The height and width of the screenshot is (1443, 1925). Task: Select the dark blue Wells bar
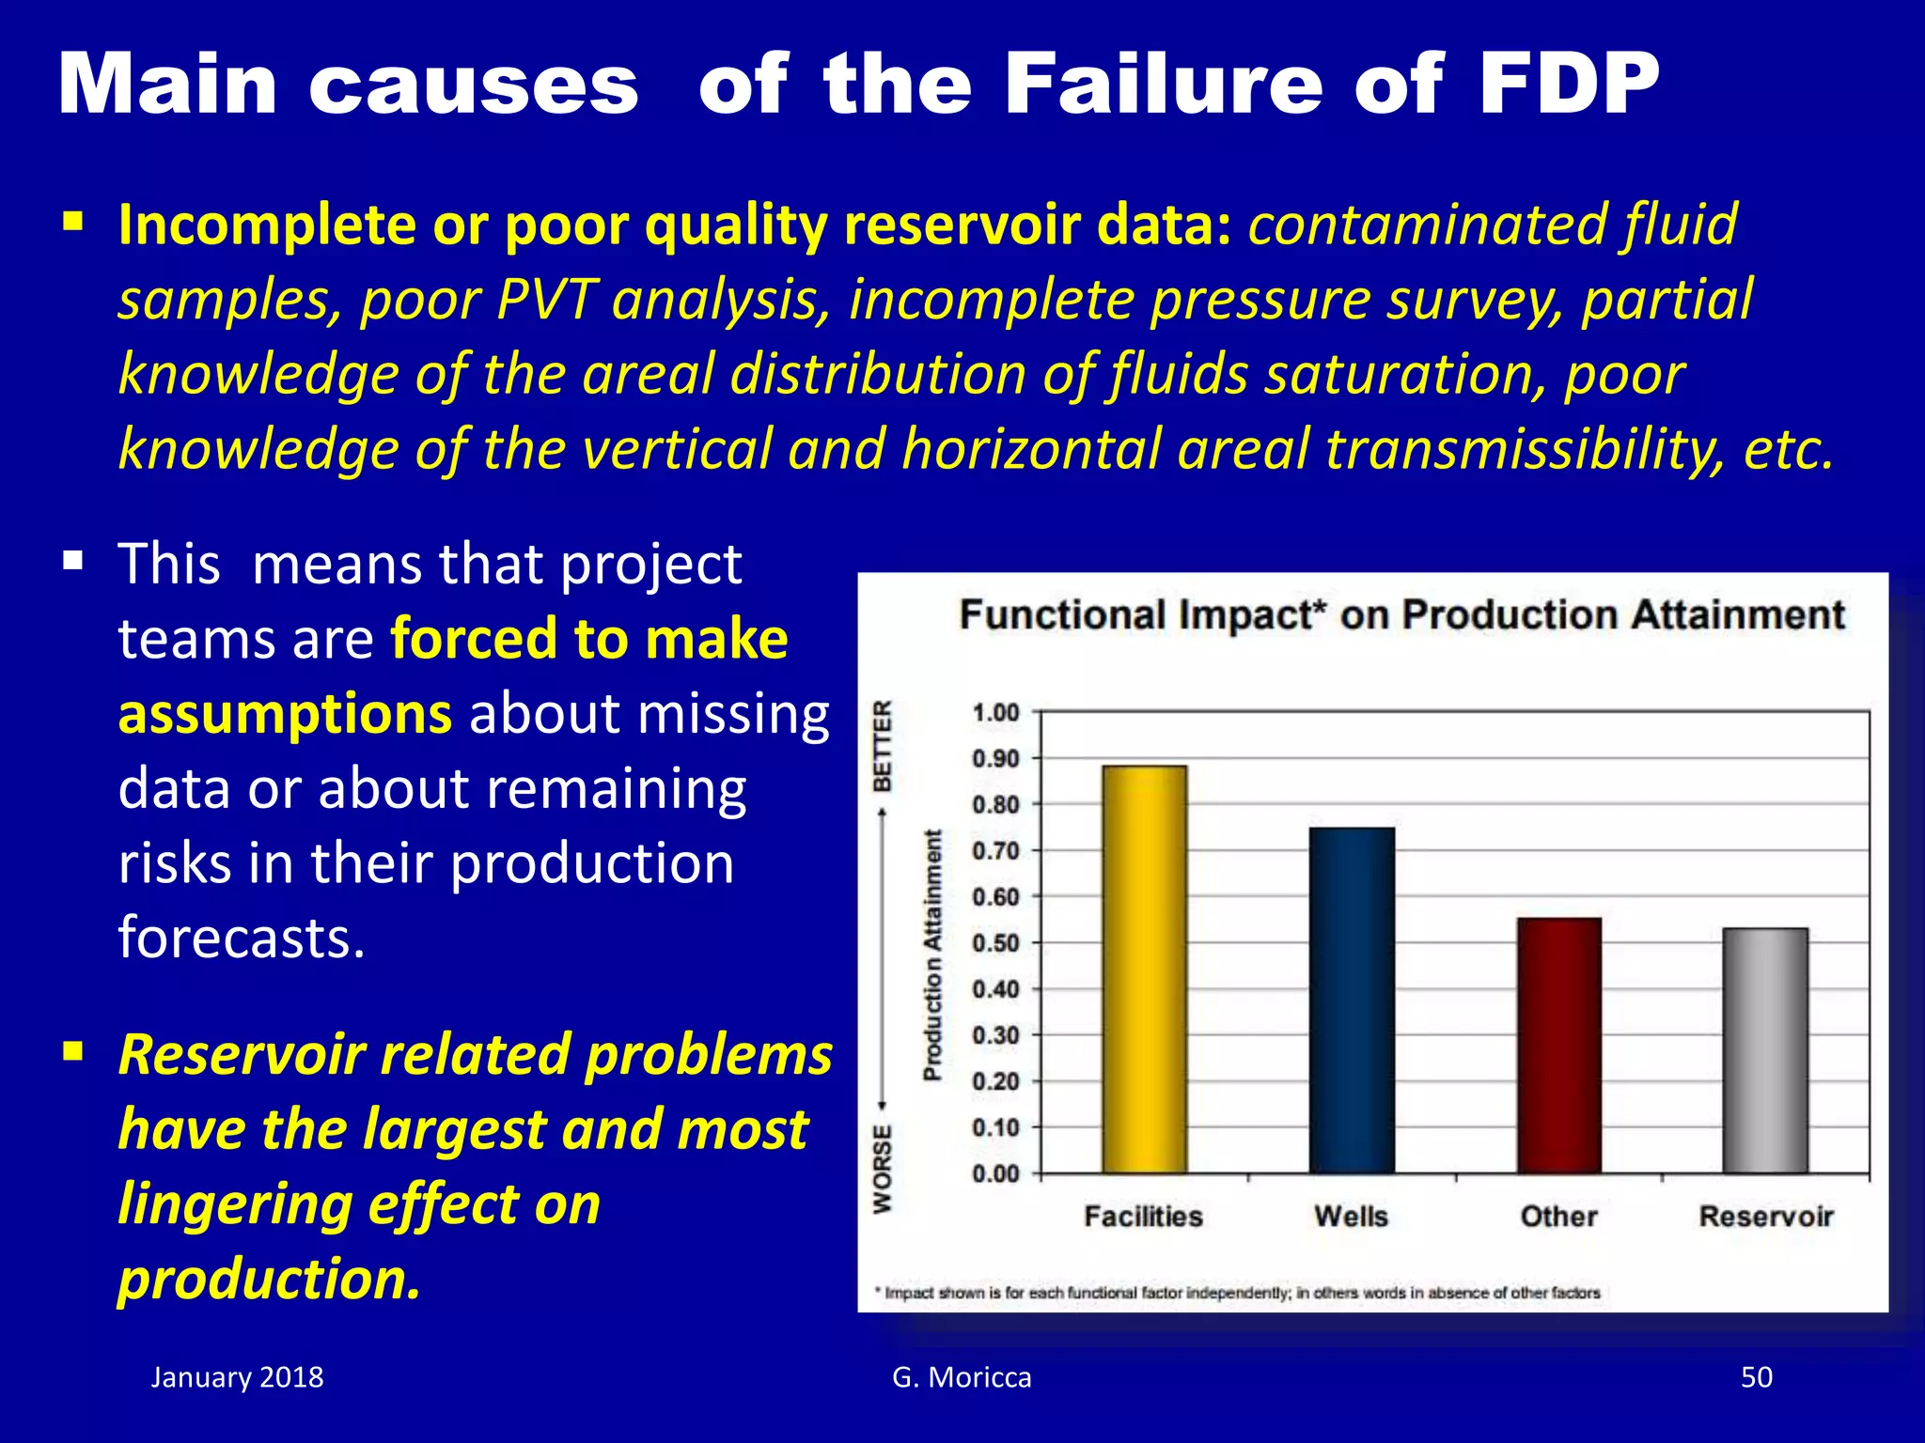(x=1352, y=1001)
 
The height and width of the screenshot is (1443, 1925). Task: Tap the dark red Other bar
(x=1558, y=1046)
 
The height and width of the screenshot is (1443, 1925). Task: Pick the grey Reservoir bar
(x=1765, y=1050)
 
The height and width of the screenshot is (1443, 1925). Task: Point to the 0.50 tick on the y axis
(x=995, y=943)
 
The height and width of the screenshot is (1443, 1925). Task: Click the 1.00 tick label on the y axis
(x=995, y=713)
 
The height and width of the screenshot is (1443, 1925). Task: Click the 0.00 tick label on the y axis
(x=995, y=1174)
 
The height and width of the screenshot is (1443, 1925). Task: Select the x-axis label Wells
(x=1351, y=1217)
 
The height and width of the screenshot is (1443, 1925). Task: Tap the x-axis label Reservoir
(x=1765, y=1217)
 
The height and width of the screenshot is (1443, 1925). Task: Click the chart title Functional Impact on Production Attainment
(x=1401, y=615)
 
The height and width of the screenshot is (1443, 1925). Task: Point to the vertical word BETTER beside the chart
(x=883, y=746)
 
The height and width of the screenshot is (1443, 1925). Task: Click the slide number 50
(x=1756, y=1377)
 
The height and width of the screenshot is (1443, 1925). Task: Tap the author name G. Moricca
(x=962, y=1377)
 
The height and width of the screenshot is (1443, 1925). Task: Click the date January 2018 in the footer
(x=237, y=1377)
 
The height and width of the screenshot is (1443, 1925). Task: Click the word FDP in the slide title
(x=1568, y=85)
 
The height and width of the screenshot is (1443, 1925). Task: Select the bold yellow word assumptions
(x=285, y=714)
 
